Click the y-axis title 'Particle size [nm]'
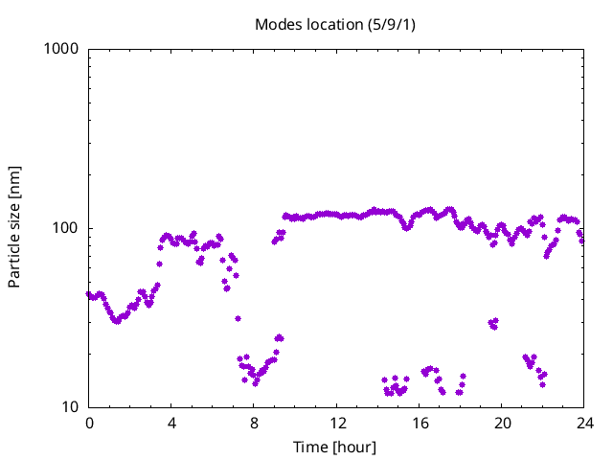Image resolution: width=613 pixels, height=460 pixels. [x=14, y=227]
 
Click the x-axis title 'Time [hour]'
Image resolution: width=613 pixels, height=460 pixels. [x=335, y=447]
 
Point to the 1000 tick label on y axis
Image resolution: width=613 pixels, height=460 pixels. [x=61, y=49]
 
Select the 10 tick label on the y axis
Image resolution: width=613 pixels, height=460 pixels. [x=69, y=407]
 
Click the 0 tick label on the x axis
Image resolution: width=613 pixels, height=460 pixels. [x=89, y=423]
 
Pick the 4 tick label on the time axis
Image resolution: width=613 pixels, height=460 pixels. [x=171, y=423]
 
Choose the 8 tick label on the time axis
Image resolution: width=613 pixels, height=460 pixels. [x=254, y=423]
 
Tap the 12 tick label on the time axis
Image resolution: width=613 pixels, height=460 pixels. [x=337, y=423]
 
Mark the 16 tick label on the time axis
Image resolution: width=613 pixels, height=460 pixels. [x=420, y=423]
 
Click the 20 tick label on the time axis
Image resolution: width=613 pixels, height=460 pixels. [x=502, y=423]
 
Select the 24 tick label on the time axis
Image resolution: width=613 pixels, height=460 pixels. [x=584, y=423]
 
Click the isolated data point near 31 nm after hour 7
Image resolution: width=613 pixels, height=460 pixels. [x=238, y=318]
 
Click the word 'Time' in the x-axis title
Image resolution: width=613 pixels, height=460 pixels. [x=310, y=447]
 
